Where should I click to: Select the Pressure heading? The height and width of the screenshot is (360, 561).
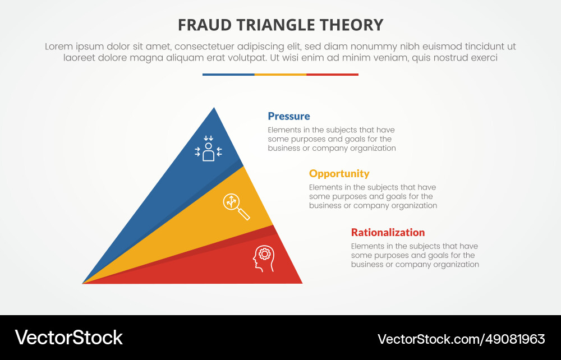point(288,116)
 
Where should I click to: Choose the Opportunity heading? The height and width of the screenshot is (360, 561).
point(339,173)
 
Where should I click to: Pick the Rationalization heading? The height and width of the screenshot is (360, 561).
point(388,232)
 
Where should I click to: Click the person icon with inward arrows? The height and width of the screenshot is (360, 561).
point(208,149)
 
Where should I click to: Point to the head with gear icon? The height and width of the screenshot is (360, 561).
point(264,259)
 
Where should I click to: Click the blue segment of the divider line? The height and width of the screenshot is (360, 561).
point(228,75)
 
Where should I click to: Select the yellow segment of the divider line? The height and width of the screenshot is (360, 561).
point(280,75)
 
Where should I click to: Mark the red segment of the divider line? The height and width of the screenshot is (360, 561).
point(332,75)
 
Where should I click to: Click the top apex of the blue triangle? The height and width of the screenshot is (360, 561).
point(214,108)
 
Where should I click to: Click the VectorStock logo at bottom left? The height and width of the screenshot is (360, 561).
point(68,337)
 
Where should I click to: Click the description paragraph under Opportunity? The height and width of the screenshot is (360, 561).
point(373,196)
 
